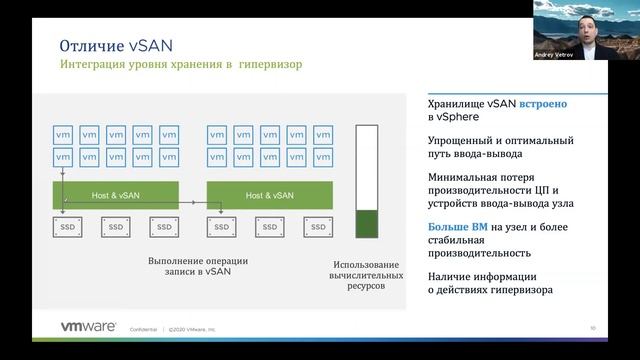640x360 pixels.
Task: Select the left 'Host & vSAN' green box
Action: click(x=115, y=195)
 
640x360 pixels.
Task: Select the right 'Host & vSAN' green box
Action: click(x=269, y=195)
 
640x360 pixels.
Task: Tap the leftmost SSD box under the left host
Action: click(x=65, y=228)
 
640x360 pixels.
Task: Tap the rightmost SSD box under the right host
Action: click(x=319, y=228)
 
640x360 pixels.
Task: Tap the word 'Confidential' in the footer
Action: click(x=146, y=328)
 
